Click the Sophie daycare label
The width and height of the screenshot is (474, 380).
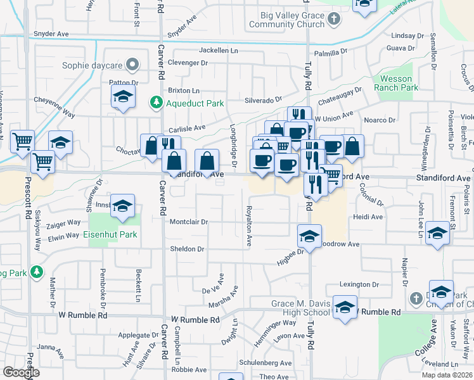click(x=94, y=65)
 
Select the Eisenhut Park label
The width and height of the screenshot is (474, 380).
click(x=110, y=235)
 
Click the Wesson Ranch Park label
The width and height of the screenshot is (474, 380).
click(x=395, y=83)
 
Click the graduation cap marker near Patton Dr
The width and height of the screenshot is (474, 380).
click(x=123, y=97)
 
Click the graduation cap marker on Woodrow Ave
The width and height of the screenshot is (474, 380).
click(x=309, y=237)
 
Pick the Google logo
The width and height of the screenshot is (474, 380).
click(x=21, y=372)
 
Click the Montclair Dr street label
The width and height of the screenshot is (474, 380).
click(x=189, y=222)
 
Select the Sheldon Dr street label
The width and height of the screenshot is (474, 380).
click(x=187, y=249)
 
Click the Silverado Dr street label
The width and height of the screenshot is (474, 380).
click(x=263, y=100)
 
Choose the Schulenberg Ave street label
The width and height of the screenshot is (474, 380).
click(x=266, y=364)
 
